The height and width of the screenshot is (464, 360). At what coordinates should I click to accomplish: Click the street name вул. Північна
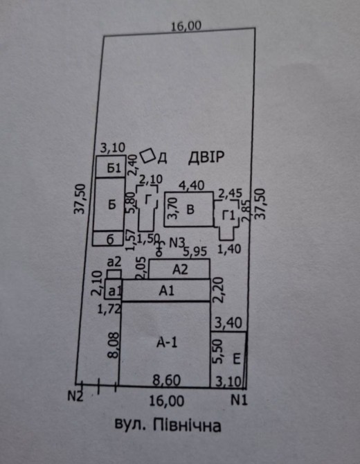click(x=168, y=425)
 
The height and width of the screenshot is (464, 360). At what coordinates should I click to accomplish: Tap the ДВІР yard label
click(x=206, y=157)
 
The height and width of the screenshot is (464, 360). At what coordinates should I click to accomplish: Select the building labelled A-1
click(x=165, y=344)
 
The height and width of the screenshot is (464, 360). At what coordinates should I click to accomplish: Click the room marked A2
click(x=179, y=269)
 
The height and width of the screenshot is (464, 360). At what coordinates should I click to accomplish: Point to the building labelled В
click(x=189, y=209)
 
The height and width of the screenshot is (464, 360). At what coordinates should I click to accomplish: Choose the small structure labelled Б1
click(x=111, y=167)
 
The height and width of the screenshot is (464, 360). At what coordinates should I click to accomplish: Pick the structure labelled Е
click(x=228, y=359)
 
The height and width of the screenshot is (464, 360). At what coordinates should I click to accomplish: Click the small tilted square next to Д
click(x=148, y=156)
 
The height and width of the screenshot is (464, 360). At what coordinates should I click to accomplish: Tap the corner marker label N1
click(x=239, y=400)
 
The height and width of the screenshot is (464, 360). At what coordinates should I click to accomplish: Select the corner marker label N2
click(x=75, y=396)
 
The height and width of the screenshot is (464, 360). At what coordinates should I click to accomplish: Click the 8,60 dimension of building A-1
click(x=167, y=380)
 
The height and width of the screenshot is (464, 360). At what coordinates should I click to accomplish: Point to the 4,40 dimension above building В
click(x=191, y=186)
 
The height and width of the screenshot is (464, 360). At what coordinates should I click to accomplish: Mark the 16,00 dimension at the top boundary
click(x=186, y=26)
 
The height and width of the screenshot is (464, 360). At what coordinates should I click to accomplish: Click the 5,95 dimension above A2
click(x=195, y=252)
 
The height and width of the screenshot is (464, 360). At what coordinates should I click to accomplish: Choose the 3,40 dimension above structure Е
click(x=228, y=323)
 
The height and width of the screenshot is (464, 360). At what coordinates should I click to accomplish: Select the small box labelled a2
click(x=114, y=274)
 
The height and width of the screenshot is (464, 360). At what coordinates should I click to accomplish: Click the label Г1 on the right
click(x=228, y=215)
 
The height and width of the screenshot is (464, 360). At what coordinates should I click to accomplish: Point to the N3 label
click(x=177, y=243)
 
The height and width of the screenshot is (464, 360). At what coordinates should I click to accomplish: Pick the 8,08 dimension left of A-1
click(x=114, y=346)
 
